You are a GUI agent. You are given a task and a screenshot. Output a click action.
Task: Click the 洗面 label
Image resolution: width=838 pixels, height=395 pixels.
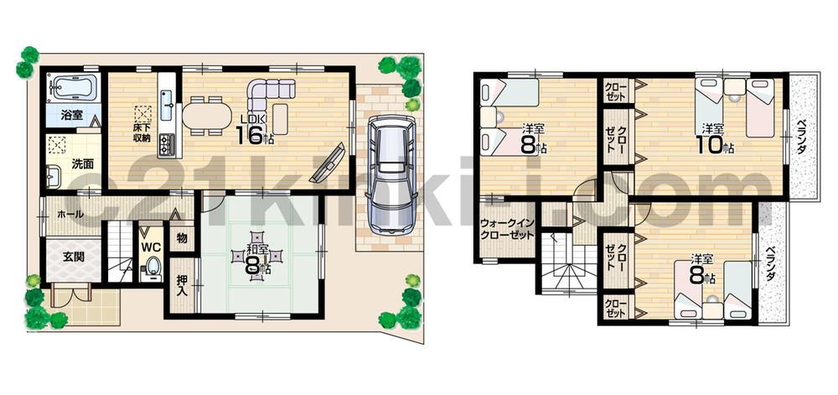[x=81, y=163]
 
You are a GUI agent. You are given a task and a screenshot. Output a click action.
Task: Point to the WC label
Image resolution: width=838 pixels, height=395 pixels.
[x=151, y=247]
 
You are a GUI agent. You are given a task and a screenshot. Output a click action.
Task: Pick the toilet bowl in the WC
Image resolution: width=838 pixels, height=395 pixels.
[x=153, y=268]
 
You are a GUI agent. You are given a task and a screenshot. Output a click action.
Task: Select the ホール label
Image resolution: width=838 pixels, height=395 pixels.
[x=70, y=215]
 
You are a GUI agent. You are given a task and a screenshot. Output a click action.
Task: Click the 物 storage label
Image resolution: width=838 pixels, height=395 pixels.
[x=181, y=239]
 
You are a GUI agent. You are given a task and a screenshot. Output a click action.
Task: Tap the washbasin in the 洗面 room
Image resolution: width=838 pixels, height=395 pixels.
[x=54, y=177]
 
